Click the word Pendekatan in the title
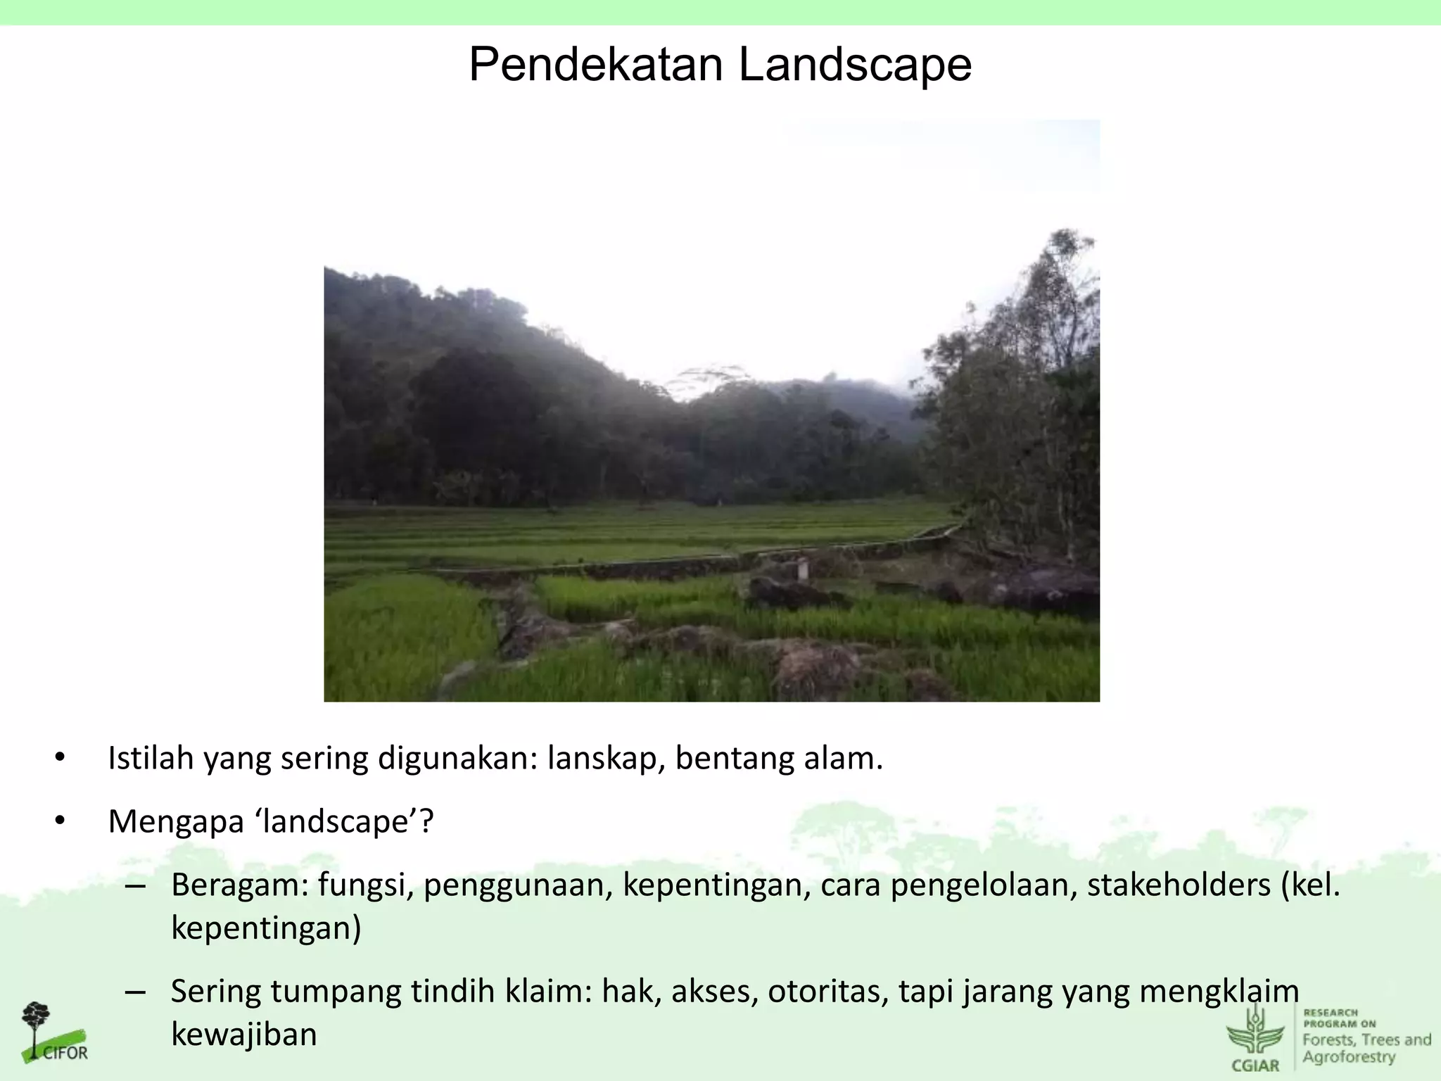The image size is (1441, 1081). point(595,65)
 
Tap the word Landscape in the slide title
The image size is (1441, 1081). point(855,65)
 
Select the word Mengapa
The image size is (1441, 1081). point(176,821)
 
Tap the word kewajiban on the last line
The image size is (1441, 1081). point(244,1035)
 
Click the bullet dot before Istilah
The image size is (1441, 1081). point(60,758)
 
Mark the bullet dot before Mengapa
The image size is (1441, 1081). point(60,821)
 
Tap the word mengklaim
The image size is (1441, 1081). point(1219,992)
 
